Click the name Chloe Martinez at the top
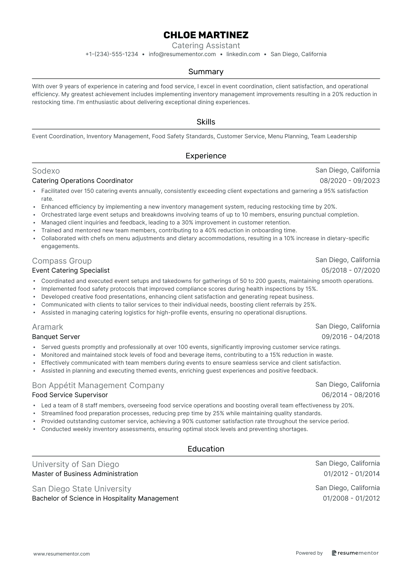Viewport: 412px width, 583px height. click(x=206, y=35)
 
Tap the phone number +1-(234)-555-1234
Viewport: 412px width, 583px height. click(x=112, y=54)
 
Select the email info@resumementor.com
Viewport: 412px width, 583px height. click(x=182, y=54)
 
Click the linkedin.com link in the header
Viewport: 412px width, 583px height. click(x=243, y=54)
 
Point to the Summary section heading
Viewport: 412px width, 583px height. click(x=206, y=72)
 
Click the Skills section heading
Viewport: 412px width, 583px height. click(x=206, y=122)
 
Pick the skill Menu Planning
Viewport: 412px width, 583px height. click(x=288, y=136)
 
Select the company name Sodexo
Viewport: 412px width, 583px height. click(x=46, y=171)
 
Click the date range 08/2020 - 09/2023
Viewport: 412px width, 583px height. click(x=350, y=181)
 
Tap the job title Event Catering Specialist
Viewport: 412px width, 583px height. click(x=71, y=270)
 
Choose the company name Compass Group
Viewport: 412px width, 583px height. click(x=62, y=261)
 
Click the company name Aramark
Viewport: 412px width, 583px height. click(x=47, y=327)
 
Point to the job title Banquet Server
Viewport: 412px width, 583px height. click(x=56, y=337)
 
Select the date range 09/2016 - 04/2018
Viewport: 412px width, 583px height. click(x=351, y=337)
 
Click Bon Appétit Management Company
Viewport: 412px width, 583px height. click(x=98, y=385)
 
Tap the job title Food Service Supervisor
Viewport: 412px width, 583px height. click(x=70, y=395)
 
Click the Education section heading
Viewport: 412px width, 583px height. click(x=206, y=449)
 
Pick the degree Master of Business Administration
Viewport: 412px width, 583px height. click(x=85, y=474)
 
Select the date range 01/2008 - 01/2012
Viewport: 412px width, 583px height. click(x=351, y=498)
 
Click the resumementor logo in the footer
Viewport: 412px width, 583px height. click(x=355, y=553)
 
